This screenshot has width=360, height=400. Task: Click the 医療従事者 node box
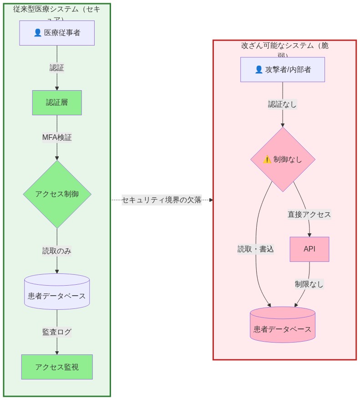[57, 33]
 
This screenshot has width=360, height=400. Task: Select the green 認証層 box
[57, 103]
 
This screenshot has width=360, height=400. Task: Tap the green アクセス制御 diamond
[57, 194]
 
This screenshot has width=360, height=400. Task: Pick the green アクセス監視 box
[57, 367]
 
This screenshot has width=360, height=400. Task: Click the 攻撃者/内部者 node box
[282, 69]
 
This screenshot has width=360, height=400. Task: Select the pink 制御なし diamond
[283, 159]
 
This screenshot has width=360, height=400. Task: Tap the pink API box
[309, 249]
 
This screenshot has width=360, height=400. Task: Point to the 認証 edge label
[57, 68]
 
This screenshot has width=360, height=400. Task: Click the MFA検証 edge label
[57, 137]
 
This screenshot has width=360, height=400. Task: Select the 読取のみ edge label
[57, 251]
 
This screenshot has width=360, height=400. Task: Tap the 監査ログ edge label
[57, 332]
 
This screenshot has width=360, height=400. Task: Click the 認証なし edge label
[282, 104]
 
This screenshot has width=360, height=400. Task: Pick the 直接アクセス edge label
[309, 214]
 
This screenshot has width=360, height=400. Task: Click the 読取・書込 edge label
[255, 249]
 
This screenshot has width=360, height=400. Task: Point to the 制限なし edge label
[309, 284]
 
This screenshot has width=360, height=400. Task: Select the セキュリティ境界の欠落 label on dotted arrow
[162, 200]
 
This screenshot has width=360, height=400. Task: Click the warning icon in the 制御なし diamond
[267, 159]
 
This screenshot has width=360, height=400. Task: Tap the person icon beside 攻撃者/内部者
[259, 70]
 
